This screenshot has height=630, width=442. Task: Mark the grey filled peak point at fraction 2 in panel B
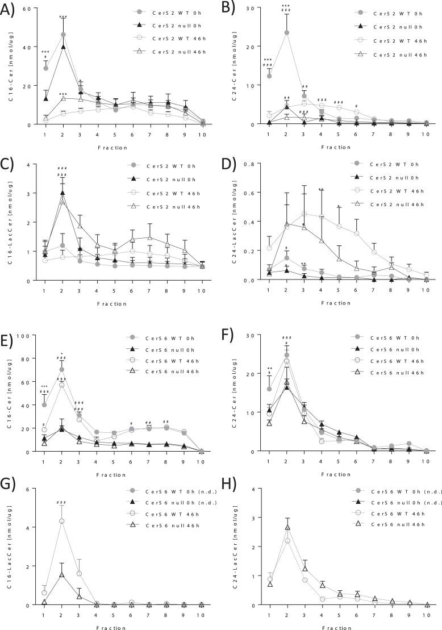(286, 32)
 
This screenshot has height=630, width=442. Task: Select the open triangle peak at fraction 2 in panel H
(287, 527)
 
